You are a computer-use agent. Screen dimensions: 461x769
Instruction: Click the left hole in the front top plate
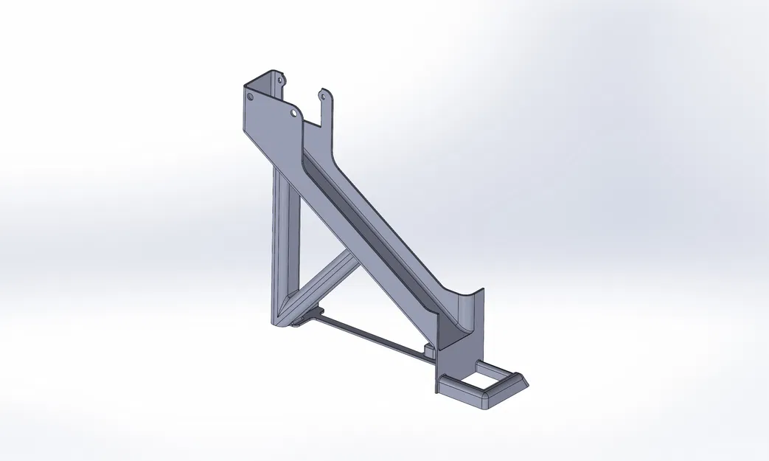coord(249,96)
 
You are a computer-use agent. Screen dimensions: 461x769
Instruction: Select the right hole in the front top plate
coord(293,114)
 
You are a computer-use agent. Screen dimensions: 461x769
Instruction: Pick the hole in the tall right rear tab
coord(322,94)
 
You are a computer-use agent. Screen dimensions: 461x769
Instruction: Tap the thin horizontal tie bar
coord(369,336)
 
